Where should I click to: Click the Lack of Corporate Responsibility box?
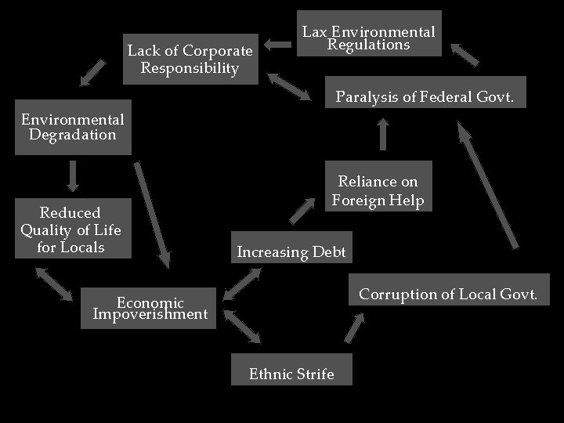click(x=190, y=60)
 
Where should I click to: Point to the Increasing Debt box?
click(x=291, y=250)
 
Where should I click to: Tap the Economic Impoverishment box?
click(x=149, y=308)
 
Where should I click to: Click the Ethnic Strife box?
click(x=291, y=371)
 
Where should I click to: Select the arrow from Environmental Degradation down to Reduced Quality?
click(x=73, y=175)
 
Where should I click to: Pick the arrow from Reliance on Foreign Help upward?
click(x=382, y=135)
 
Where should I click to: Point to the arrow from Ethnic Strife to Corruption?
click(x=355, y=329)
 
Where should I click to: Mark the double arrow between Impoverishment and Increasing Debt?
click(x=243, y=284)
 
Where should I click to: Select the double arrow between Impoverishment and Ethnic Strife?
click(x=242, y=327)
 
